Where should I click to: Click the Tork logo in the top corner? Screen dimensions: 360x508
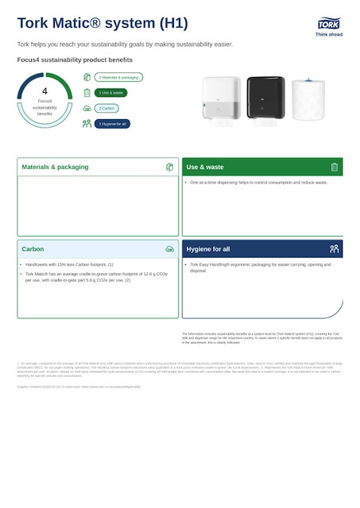pyautogui.click(x=329, y=28)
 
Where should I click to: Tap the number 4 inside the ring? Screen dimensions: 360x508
pyautogui.click(x=45, y=91)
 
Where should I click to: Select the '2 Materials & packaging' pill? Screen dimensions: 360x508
pyautogui.click(x=118, y=78)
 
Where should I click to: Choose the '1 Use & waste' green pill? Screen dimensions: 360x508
pyautogui.click(x=110, y=93)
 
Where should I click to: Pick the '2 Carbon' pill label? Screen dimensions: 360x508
pyautogui.click(x=107, y=108)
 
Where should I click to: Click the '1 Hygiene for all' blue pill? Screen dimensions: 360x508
pyautogui.click(x=112, y=124)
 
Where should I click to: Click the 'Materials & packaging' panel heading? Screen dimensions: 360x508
pyautogui.click(x=56, y=167)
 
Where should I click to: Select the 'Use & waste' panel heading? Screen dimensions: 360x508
pyautogui.click(x=205, y=167)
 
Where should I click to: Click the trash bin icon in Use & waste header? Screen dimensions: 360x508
pyautogui.click(x=335, y=167)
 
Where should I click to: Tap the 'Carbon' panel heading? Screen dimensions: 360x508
pyautogui.click(x=33, y=249)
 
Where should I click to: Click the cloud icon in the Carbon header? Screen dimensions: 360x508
pyautogui.click(x=169, y=249)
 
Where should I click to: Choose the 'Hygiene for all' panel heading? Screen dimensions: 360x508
pyautogui.click(x=208, y=249)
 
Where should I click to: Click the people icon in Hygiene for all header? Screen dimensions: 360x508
pyautogui.click(x=335, y=249)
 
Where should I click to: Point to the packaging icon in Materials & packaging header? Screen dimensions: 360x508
pyautogui.click(x=169, y=167)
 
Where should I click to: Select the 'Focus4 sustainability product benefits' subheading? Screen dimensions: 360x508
pyautogui.click(x=75, y=60)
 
